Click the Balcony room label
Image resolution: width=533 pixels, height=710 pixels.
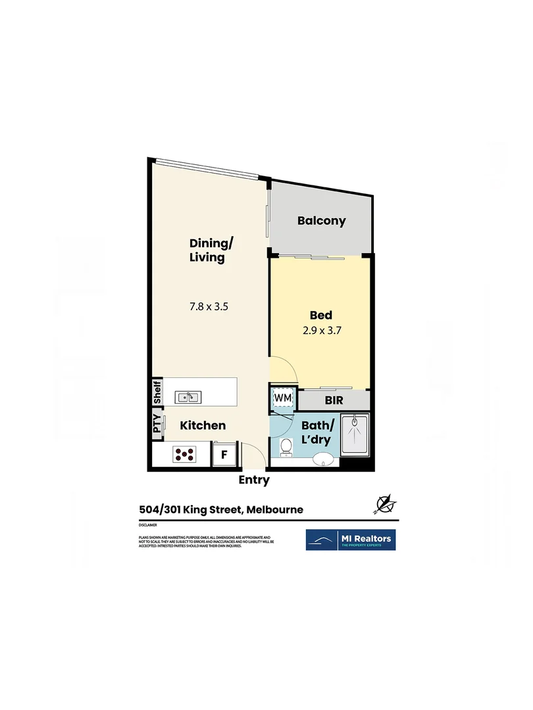pyautogui.click(x=321, y=221)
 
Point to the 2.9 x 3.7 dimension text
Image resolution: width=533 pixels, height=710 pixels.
pyautogui.click(x=321, y=331)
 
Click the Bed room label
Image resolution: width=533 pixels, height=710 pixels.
pyautogui.click(x=321, y=316)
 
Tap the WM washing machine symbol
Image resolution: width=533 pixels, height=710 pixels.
pyautogui.click(x=282, y=398)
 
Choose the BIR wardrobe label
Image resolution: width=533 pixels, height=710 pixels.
pyautogui.click(x=334, y=400)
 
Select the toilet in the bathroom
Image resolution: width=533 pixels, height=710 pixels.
pyautogui.click(x=286, y=448)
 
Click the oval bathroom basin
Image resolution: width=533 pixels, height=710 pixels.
pyautogui.click(x=323, y=459)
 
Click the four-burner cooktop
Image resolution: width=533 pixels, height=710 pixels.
pyautogui.click(x=186, y=454)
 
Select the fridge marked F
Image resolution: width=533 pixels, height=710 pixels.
pyautogui.click(x=224, y=454)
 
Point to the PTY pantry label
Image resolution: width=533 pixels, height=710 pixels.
pyautogui.click(x=157, y=423)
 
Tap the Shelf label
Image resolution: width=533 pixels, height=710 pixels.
pyautogui.click(x=157, y=392)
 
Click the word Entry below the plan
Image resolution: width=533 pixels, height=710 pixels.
pyautogui.click(x=254, y=481)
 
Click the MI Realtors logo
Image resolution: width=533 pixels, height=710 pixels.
pyautogui.click(x=351, y=540)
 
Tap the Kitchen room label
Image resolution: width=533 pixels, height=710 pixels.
pyautogui.click(x=203, y=425)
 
